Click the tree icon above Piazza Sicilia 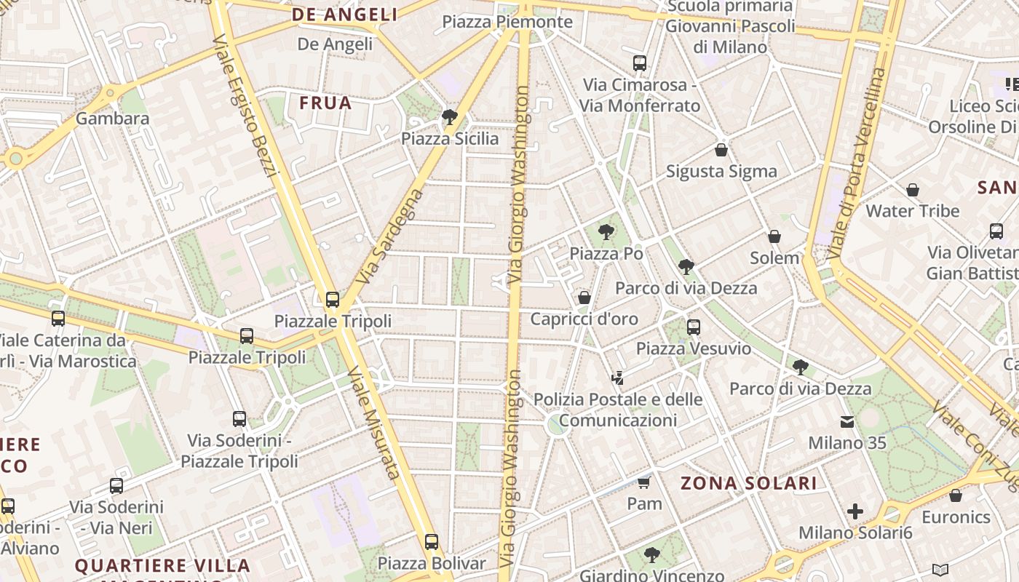point(450,116)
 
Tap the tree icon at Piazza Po point(606,232)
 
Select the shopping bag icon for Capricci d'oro point(584,297)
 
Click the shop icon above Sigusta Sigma point(721,150)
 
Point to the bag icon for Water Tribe point(912,190)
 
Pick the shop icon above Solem point(774,236)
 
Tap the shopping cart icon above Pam point(643,482)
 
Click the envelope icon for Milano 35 point(847,422)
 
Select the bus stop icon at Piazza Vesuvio point(693,327)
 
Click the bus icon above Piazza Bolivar point(432,542)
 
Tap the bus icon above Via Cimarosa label point(639,63)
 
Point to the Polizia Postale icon point(617,378)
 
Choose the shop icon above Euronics point(956,495)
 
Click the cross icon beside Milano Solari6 point(855,511)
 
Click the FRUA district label point(325,103)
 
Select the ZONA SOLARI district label point(749,483)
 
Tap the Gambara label point(112,119)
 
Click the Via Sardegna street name point(390,236)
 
